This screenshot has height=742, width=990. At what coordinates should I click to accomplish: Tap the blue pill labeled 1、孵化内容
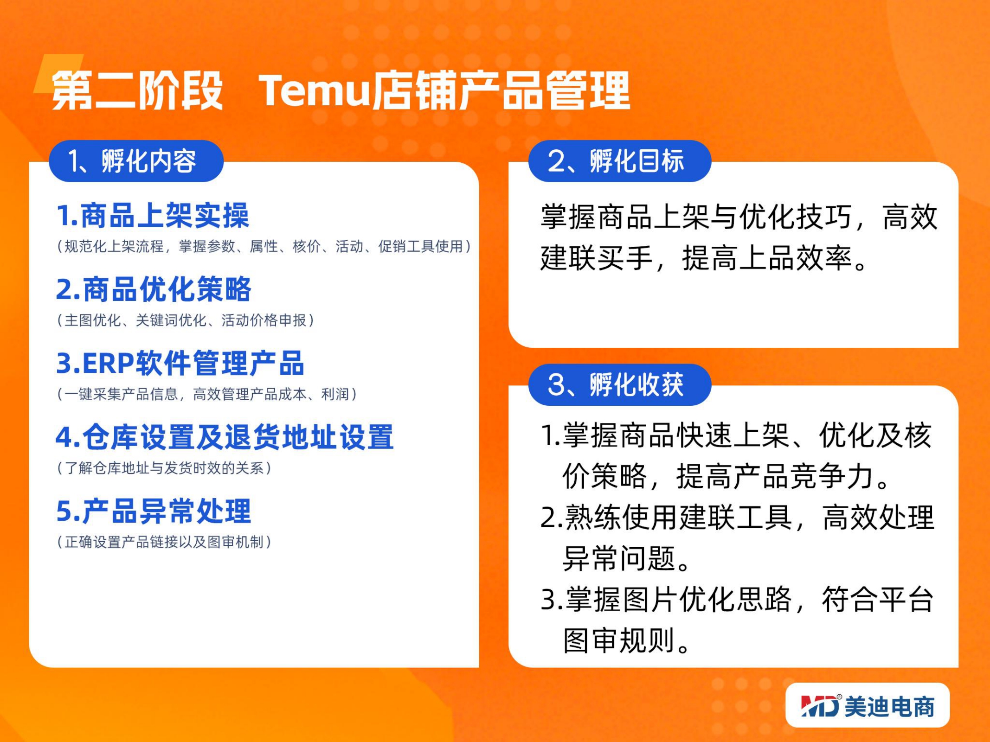coord(136,161)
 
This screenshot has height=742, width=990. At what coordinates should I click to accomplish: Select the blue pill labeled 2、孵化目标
coord(620,161)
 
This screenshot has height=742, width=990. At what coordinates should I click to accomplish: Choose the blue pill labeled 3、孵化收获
coord(620,384)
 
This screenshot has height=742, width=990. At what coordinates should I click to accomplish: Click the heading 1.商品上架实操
coord(153,216)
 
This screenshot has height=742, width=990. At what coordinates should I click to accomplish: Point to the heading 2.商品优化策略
coord(154,289)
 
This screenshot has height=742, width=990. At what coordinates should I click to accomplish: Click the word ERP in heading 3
coord(108,363)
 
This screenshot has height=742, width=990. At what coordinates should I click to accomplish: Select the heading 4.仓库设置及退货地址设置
coord(225,437)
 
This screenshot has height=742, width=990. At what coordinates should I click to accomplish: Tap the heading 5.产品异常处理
coord(154,511)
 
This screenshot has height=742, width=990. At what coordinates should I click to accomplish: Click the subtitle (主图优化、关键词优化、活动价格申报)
coord(186,320)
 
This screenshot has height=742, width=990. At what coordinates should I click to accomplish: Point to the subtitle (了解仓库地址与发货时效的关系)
coord(164,468)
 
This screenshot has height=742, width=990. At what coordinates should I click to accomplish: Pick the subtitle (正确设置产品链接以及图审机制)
coord(164,542)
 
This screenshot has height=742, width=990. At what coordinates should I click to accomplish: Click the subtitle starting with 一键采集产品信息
coord(207,394)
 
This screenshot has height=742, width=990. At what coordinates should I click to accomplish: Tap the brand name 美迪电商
coord(889,706)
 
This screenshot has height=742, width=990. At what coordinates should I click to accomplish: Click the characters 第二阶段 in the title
coord(137,90)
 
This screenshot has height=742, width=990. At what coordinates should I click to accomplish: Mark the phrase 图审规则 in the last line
coord(619,640)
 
